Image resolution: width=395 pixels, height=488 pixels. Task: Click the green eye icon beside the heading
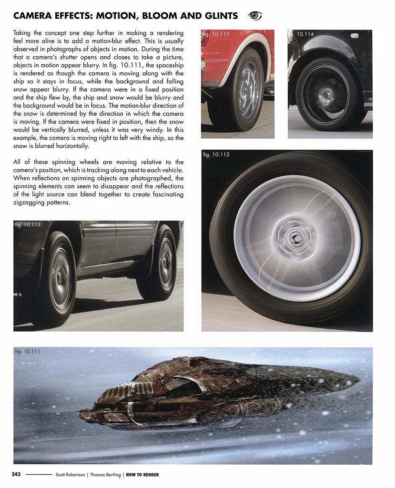click(x=255, y=16)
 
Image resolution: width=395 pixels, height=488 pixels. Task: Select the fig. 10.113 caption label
click(x=215, y=34)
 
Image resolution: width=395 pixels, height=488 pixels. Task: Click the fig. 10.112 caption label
click(x=216, y=154)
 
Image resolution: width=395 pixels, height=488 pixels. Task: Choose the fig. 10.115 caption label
click(x=28, y=225)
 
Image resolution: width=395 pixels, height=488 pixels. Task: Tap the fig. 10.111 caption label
click(x=28, y=352)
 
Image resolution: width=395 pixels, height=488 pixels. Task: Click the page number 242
click(x=16, y=475)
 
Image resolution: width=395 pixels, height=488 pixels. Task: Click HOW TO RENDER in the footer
click(x=142, y=475)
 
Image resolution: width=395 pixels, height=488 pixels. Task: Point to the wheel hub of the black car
click(x=327, y=94)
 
